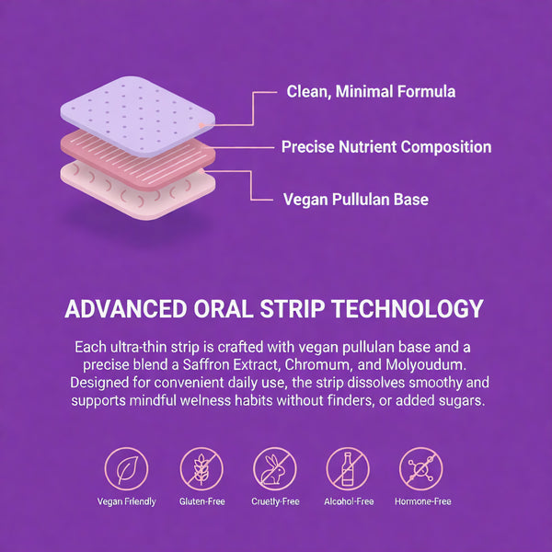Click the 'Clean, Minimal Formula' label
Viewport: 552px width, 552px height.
(x=371, y=91)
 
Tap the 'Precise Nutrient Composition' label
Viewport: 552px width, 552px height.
(x=385, y=146)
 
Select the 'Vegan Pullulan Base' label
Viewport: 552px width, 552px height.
(x=355, y=199)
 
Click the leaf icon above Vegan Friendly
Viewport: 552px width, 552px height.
(x=126, y=468)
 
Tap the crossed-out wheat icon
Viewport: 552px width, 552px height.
(x=201, y=468)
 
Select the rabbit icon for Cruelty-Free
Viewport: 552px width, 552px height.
(x=274, y=468)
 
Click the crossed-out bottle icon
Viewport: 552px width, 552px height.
(x=348, y=468)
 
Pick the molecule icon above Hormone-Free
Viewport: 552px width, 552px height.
(x=422, y=468)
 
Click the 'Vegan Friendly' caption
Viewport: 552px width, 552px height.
(x=126, y=502)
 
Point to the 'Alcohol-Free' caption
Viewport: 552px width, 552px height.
(x=348, y=502)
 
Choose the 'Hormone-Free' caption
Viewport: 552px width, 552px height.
(x=422, y=502)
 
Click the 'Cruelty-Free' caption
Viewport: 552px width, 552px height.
(x=274, y=502)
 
